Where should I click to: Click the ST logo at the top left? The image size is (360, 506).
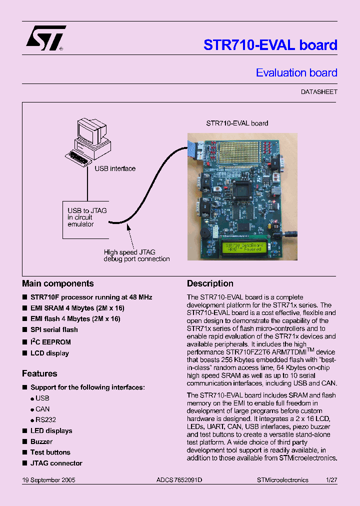point(45,38)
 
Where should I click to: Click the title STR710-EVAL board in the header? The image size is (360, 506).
point(270,45)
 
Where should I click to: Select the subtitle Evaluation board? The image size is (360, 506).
point(296,73)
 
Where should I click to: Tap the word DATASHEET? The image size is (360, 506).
point(319,92)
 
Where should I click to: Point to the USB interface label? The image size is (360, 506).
point(115,168)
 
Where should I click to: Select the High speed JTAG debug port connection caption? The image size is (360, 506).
point(136,255)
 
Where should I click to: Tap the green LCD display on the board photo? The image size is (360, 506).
point(243,247)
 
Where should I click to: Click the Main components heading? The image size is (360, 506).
point(58,283)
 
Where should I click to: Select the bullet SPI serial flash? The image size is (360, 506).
point(54,329)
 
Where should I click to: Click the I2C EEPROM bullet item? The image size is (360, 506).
point(50,342)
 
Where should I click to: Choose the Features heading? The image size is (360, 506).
point(39,373)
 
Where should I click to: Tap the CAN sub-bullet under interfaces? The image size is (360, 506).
point(42,409)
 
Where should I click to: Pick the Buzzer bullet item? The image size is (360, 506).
point(41,441)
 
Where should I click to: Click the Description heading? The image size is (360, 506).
point(210,283)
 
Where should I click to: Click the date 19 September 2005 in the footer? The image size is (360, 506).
point(48,479)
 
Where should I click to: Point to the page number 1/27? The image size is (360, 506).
point(331,479)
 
